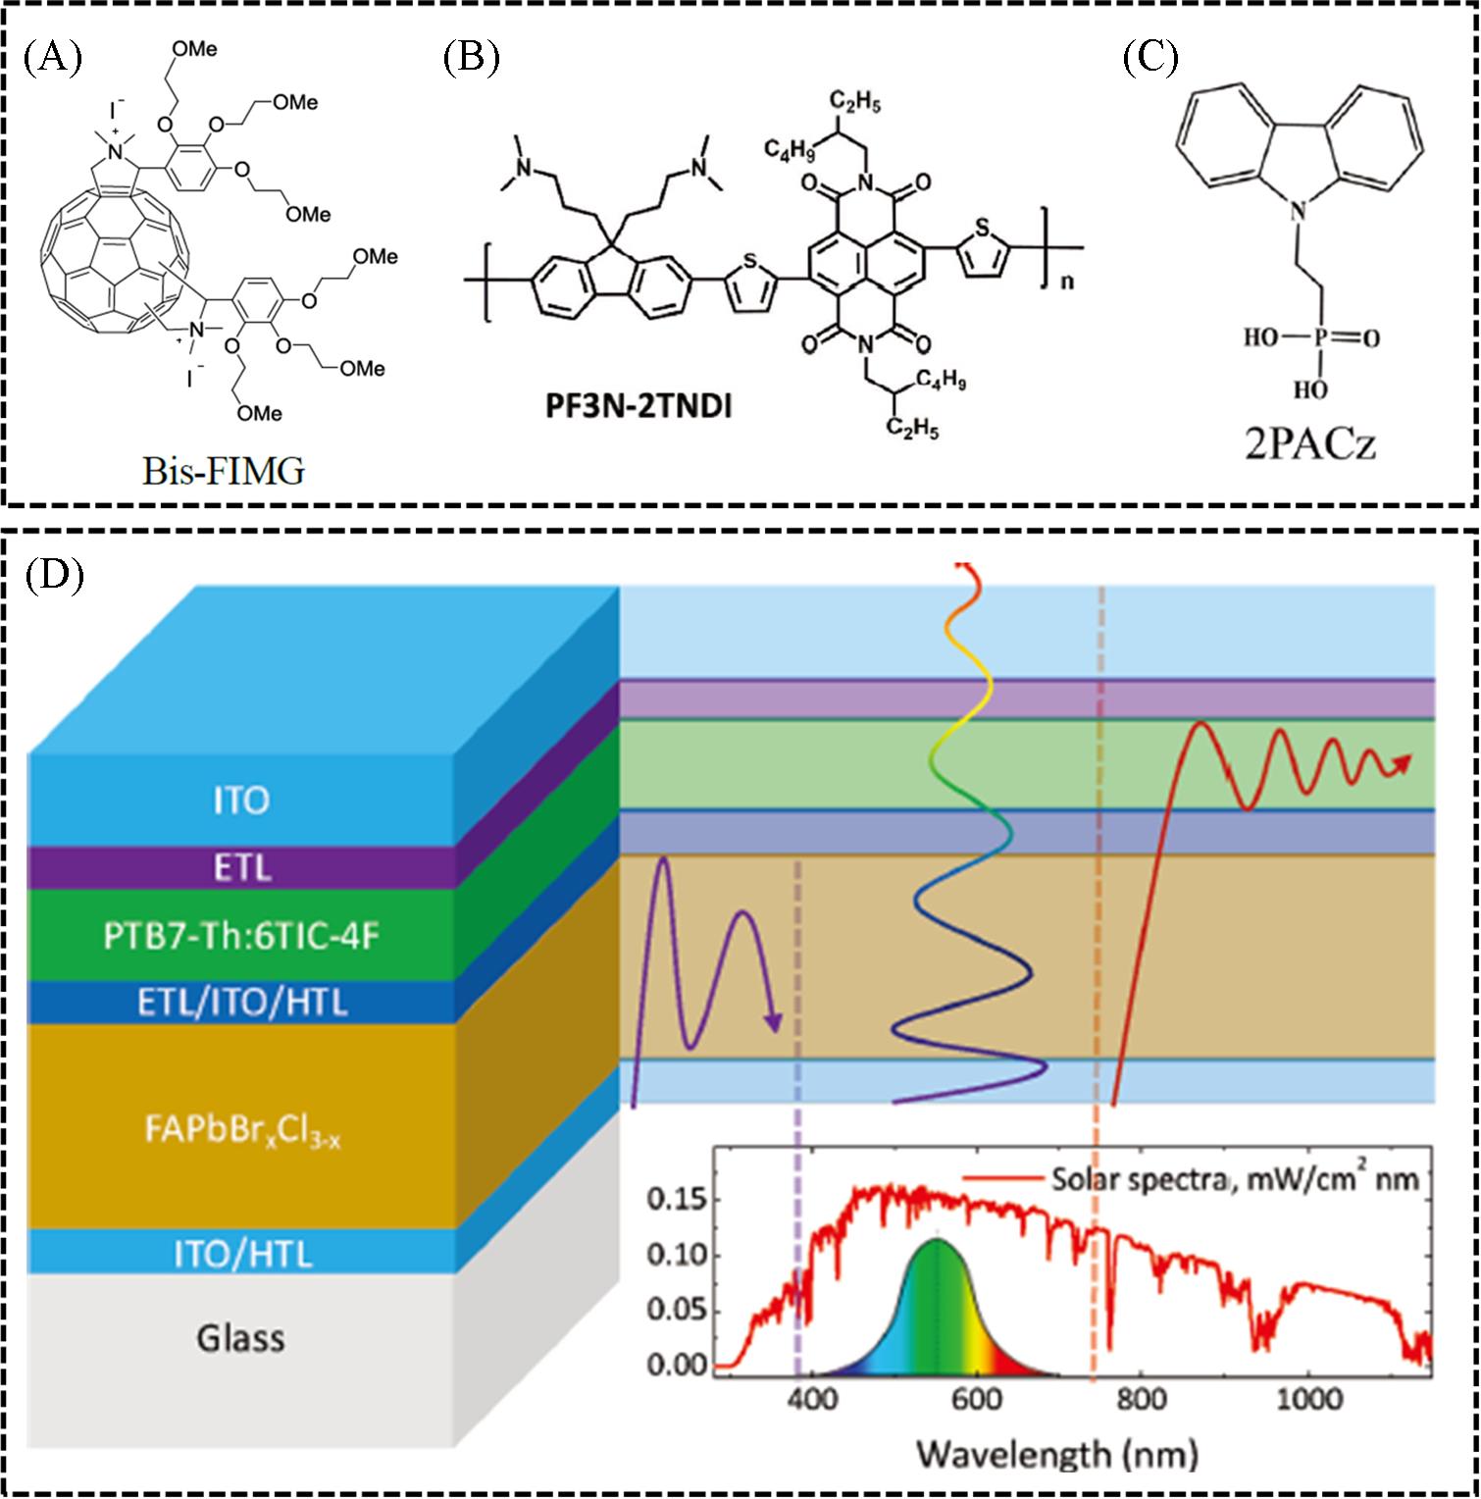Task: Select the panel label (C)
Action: pos(1149,58)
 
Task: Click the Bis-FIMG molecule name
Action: pos(222,472)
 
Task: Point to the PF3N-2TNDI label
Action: pos(642,405)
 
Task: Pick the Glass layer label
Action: pos(240,1337)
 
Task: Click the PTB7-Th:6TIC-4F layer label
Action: pos(241,936)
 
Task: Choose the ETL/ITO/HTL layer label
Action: pos(241,1004)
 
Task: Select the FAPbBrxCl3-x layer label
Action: pos(241,1139)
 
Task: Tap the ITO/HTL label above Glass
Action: pos(241,1254)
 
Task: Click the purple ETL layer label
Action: pos(241,868)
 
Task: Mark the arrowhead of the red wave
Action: pos(1404,760)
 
